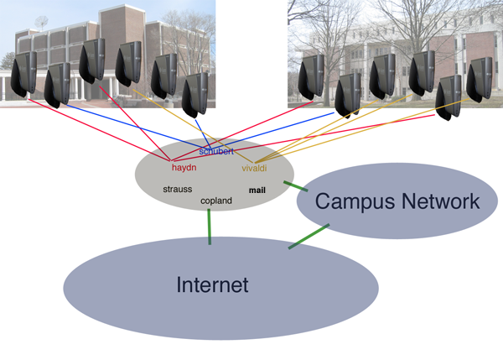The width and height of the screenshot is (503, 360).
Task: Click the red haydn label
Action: pos(184,168)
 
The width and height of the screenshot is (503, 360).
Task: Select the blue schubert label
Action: pos(216,151)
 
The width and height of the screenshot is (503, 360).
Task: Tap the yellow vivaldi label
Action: pos(254,168)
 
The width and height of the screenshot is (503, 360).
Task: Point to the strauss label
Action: pos(178,189)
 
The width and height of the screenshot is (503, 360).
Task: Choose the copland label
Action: pos(216,201)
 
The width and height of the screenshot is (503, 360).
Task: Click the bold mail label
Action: pos(257,190)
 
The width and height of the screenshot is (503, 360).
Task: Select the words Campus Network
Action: pos(397,201)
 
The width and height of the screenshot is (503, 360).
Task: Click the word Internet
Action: pos(212,284)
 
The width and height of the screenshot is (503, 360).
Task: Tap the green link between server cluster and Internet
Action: pos(210,227)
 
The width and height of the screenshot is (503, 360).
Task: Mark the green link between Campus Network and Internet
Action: pos(309,237)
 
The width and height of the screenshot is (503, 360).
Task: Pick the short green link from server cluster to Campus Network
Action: pos(296,186)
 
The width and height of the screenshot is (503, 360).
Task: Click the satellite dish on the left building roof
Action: pos(42,22)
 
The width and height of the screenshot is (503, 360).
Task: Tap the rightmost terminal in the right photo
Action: pos(479,80)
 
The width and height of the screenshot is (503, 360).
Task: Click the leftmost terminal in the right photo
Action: pos(311,77)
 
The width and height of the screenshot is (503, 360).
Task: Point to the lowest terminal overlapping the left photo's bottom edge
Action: pos(195,96)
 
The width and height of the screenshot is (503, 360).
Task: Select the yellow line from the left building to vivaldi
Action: pos(193,126)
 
